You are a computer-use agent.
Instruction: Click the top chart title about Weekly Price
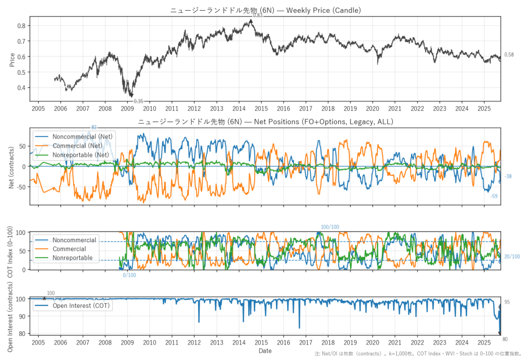click(x=265, y=10)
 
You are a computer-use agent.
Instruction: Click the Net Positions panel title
click(x=265, y=122)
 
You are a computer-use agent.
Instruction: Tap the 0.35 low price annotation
click(x=138, y=101)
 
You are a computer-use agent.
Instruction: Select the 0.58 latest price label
click(x=509, y=55)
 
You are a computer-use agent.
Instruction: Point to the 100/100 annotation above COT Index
click(x=330, y=227)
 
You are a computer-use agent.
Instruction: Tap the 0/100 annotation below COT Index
click(x=130, y=275)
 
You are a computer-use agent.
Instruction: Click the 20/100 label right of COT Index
click(x=512, y=256)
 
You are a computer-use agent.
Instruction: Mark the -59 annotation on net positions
click(x=494, y=196)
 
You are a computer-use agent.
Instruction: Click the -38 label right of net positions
click(x=508, y=177)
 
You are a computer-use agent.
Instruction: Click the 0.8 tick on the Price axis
click(x=21, y=26)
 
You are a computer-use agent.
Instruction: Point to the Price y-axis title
click(x=12, y=60)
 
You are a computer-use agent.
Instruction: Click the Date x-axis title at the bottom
click(x=265, y=351)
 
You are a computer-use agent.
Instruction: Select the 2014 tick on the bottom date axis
click(x=239, y=341)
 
